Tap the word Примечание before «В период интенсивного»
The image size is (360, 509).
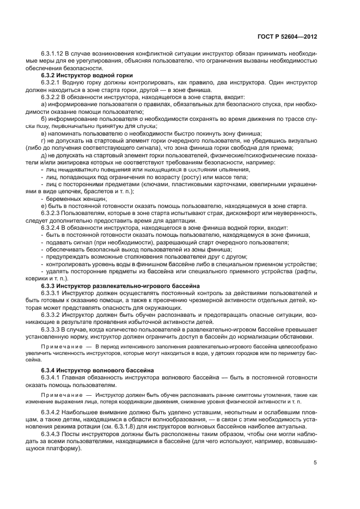60,346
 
